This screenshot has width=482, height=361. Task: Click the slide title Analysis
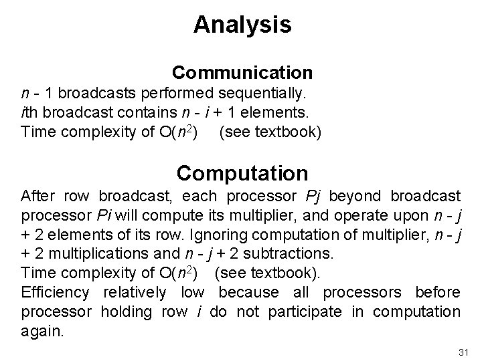[x=242, y=25]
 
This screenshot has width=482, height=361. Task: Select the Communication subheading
[x=242, y=72]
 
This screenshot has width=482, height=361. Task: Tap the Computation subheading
[x=242, y=173]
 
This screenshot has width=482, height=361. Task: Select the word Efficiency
[x=55, y=292]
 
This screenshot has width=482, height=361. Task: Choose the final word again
[x=43, y=331]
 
